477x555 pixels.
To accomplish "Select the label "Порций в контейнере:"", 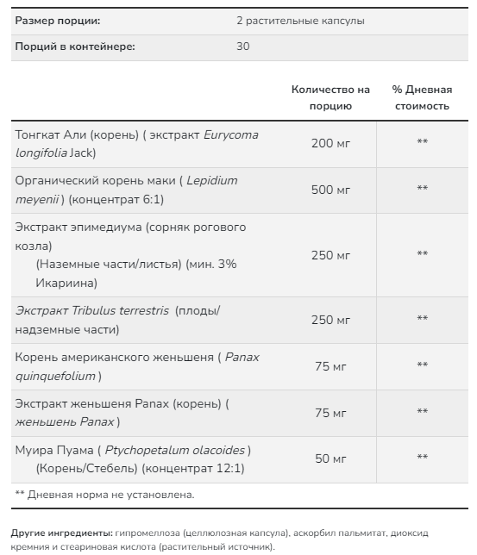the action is pyautogui.click(x=75, y=46).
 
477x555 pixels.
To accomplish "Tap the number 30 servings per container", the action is pyautogui.click(x=242, y=46).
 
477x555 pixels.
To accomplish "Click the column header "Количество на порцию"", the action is pyautogui.click(x=330, y=97).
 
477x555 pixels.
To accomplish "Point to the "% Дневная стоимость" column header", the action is pyautogui.click(x=422, y=97).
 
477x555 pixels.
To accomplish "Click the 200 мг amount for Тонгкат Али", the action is pyautogui.click(x=330, y=144).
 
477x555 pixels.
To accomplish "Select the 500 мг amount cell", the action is pyautogui.click(x=330, y=190).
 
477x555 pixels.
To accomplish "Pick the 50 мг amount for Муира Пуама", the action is pyautogui.click(x=330, y=458).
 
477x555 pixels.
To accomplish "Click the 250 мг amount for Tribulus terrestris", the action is pyautogui.click(x=330, y=320).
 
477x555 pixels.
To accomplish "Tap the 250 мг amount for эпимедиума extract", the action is pyautogui.click(x=330, y=254).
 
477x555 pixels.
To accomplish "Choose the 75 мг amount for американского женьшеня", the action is pyautogui.click(x=330, y=366).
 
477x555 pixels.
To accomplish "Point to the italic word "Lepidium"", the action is pyautogui.click(x=211, y=180).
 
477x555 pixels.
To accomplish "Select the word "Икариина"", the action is pyautogui.click(x=66, y=282).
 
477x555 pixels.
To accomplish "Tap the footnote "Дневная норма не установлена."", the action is pyautogui.click(x=111, y=495).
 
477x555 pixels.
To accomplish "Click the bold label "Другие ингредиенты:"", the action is pyautogui.click(x=61, y=533).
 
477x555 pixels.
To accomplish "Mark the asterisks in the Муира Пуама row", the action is pyautogui.click(x=422, y=458).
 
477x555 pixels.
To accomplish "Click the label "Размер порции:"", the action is pyautogui.click(x=58, y=20).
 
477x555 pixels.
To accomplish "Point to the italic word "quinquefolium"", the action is pyautogui.click(x=54, y=376).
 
